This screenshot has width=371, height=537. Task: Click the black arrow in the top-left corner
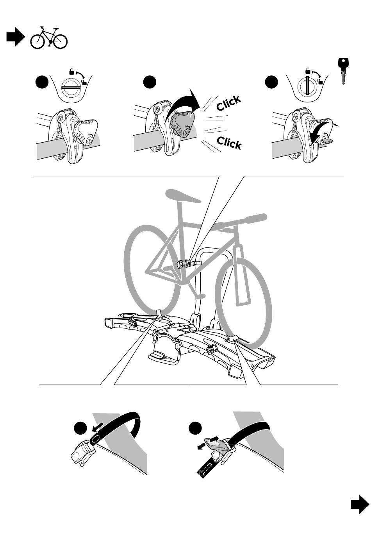(15, 37)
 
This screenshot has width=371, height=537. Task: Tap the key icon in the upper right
(343, 71)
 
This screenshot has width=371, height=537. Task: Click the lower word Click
(229, 143)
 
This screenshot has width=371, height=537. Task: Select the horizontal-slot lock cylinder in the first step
(71, 88)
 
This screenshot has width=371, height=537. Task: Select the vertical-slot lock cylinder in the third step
(307, 86)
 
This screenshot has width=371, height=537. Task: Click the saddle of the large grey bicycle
(183, 196)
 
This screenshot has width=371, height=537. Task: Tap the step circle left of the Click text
(150, 82)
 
